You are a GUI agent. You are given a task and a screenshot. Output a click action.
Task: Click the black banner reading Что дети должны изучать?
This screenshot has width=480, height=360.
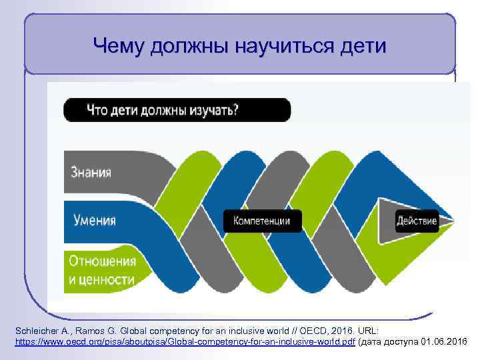[177, 110]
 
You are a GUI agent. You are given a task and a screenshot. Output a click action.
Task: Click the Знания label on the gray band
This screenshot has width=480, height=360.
[91, 172]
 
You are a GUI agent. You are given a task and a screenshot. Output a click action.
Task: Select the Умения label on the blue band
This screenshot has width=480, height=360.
[93, 220]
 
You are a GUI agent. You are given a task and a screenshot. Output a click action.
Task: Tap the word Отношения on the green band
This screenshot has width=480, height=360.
[103, 261]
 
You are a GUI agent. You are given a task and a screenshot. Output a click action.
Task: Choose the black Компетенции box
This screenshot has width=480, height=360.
[261, 221]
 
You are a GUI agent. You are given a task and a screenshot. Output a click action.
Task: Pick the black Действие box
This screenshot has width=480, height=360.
[417, 221]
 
